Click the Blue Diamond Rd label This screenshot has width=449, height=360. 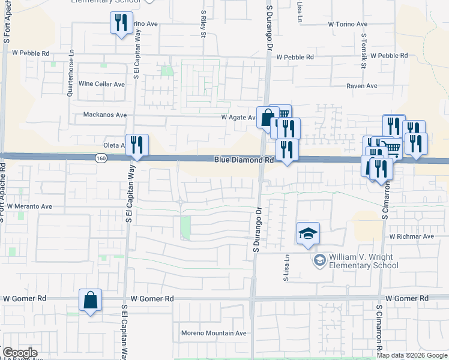click(x=244, y=160)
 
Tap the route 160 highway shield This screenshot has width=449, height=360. click(x=101, y=158)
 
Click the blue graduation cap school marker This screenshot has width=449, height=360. click(x=308, y=233)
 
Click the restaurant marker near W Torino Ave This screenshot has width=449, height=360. click(x=121, y=23)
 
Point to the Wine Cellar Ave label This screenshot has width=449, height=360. click(x=101, y=84)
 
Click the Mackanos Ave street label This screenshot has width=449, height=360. click(x=104, y=115)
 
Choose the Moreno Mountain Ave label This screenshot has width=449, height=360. click(x=214, y=333)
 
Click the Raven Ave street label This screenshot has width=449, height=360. click(x=361, y=86)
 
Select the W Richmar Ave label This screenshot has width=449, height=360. click(x=411, y=236)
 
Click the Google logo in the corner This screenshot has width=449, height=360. click(x=19, y=353)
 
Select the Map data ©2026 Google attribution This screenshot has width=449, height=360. click(x=412, y=355)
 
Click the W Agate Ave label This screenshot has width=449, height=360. click(x=239, y=118)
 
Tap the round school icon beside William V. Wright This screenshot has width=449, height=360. click(x=319, y=260)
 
